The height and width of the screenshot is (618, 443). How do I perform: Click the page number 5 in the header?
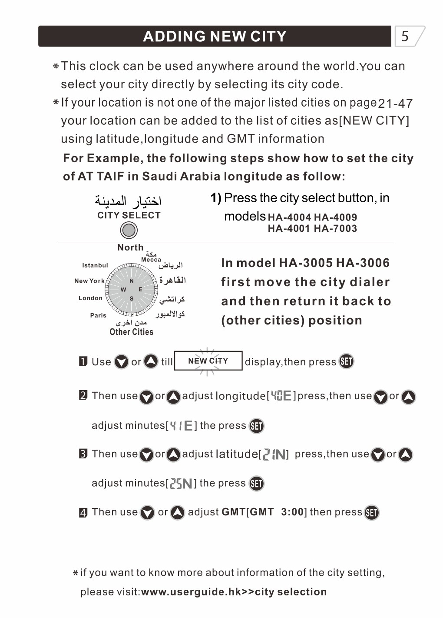click(x=405, y=36)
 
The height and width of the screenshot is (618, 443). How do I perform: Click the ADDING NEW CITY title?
click(x=215, y=36)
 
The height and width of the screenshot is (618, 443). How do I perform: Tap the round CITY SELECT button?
click(x=129, y=230)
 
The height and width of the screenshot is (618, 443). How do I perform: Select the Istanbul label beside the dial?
click(x=95, y=265)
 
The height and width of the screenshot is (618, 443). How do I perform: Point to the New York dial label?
click(x=89, y=281)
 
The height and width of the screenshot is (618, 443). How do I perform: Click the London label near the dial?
click(x=90, y=298)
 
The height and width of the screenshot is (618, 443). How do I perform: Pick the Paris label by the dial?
click(x=98, y=315)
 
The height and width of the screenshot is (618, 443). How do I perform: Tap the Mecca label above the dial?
click(x=151, y=260)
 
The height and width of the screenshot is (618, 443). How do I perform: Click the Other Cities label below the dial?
click(x=131, y=332)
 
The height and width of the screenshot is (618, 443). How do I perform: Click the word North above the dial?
click(x=130, y=247)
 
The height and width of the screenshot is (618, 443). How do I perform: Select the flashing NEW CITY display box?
click(x=208, y=361)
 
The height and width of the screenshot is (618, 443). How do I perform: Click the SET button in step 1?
click(x=346, y=361)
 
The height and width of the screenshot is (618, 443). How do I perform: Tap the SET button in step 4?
click(x=371, y=513)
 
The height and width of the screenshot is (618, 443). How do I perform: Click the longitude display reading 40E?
click(x=281, y=396)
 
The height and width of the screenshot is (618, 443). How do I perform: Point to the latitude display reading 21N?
click(x=274, y=454)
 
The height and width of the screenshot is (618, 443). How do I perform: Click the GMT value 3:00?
click(x=292, y=512)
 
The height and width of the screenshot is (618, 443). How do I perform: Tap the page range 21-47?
click(x=395, y=104)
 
